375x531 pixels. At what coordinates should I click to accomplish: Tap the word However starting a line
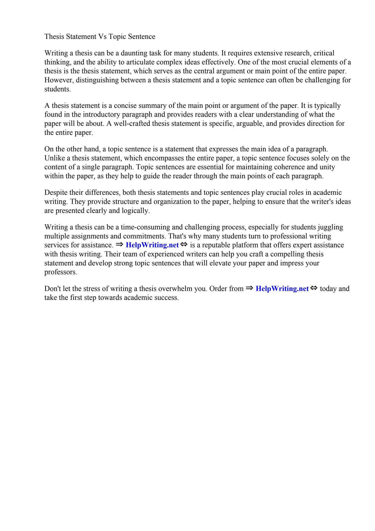click(59, 80)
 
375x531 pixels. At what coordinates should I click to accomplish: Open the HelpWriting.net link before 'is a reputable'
click(152, 245)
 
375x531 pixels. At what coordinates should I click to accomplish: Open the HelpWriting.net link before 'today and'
click(282, 289)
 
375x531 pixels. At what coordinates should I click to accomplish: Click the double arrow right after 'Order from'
click(249, 288)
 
